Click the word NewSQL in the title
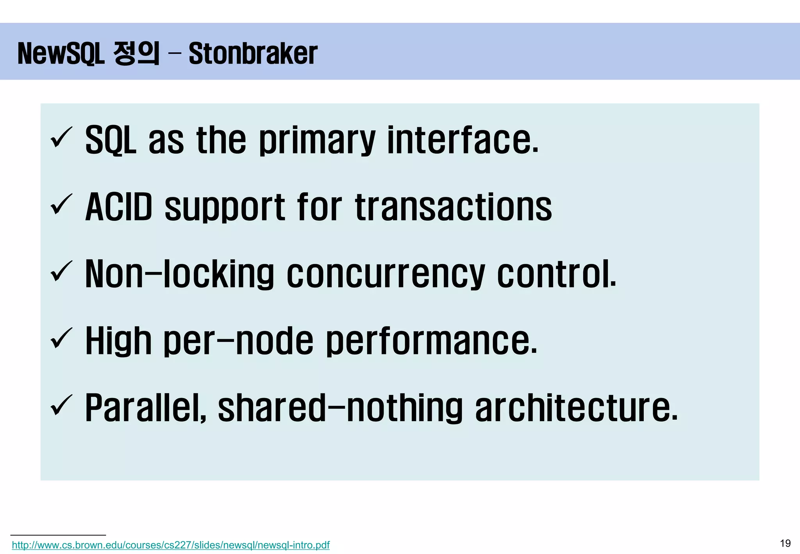[x=61, y=54]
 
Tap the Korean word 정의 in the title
[x=136, y=54]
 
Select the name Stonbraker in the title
[x=253, y=54]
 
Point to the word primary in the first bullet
[x=317, y=140]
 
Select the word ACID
[x=119, y=207]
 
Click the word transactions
[x=454, y=207]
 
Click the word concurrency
[x=386, y=274]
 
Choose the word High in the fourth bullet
[x=118, y=341]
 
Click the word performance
[x=431, y=341]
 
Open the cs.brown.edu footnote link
[x=171, y=545]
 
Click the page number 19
[x=785, y=543]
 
